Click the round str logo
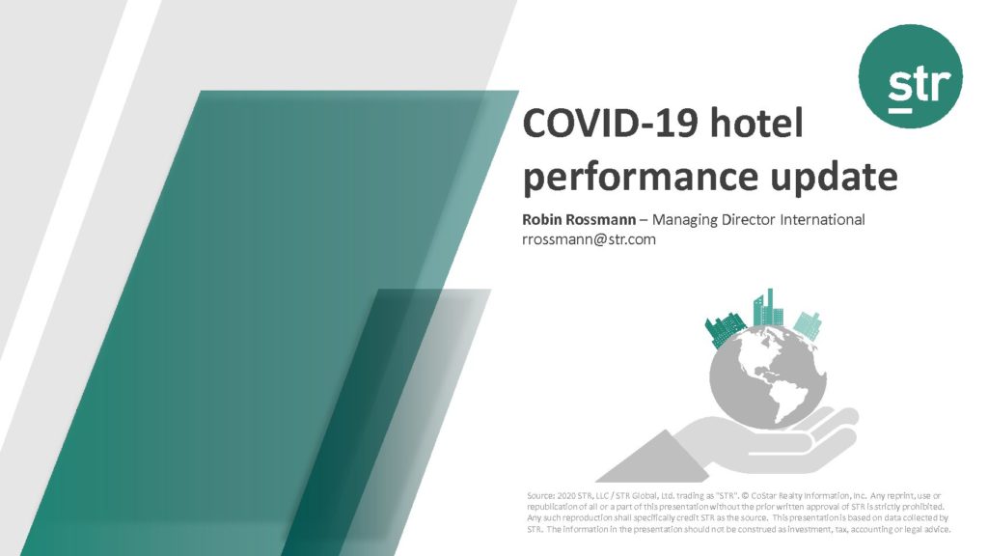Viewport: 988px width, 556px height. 911,76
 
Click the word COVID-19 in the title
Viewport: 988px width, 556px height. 611,123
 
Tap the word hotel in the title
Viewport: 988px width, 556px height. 756,123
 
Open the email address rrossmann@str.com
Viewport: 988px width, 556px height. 589,239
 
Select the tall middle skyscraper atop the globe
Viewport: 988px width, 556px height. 769,308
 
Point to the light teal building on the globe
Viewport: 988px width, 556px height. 808,325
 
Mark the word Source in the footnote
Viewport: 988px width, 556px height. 540,496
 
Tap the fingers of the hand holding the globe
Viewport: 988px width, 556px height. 833,426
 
